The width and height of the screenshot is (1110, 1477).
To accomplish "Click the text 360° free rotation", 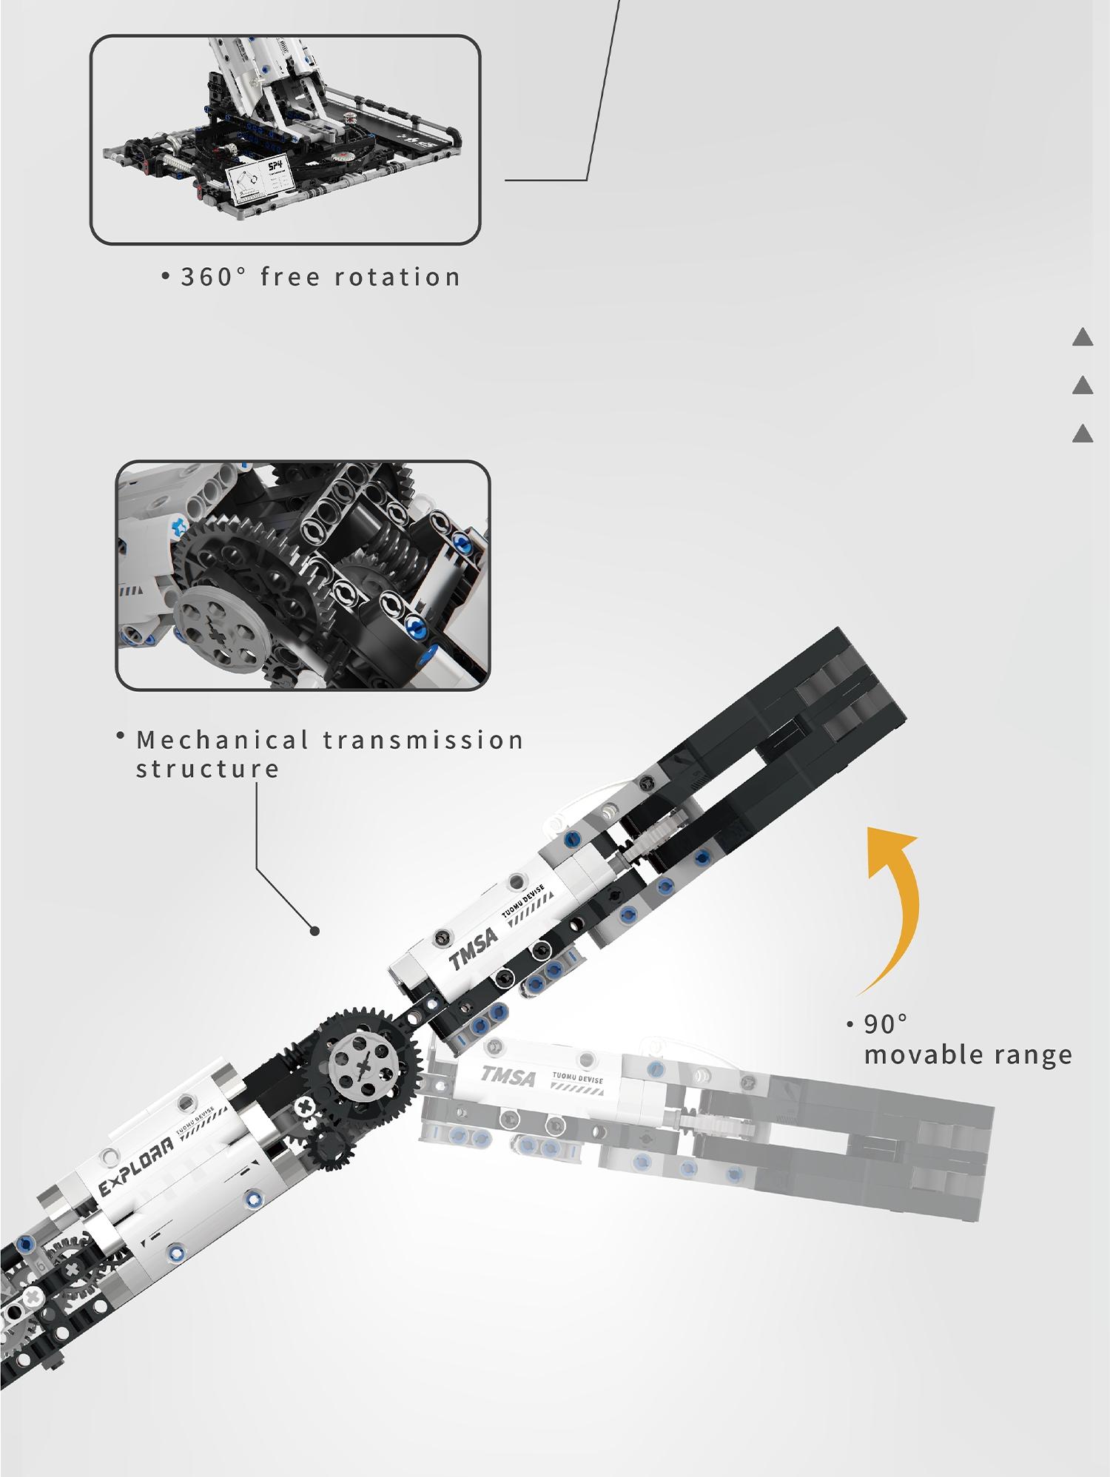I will [x=320, y=277].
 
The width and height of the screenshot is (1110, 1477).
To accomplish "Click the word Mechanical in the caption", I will [x=223, y=740].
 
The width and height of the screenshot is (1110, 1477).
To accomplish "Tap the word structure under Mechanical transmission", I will [x=208, y=770].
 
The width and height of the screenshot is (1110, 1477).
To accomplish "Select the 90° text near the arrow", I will [x=885, y=1025].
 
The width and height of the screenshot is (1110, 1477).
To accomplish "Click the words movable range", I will [x=968, y=1055].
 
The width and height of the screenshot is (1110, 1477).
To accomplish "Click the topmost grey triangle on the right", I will [x=1083, y=337].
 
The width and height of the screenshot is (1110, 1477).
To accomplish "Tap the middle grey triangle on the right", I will [x=1083, y=386].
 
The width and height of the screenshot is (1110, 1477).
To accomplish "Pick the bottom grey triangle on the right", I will [x=1083, y=434].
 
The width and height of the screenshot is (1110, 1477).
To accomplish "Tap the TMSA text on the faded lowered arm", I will [x=508, y=1076].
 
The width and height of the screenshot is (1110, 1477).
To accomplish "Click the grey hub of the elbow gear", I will [x=364, y=1067].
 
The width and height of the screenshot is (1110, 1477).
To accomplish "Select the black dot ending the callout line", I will [x=314, y=931].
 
